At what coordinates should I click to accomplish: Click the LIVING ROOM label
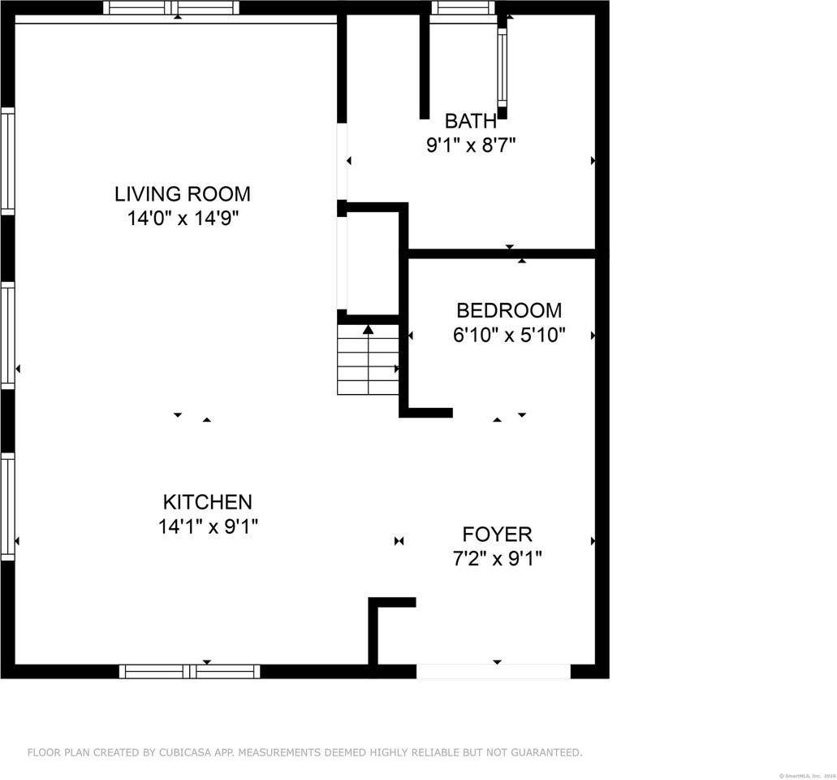182,194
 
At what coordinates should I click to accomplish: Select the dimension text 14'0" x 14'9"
182,219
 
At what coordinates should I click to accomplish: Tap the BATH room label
470,122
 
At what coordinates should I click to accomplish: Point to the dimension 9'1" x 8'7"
471,146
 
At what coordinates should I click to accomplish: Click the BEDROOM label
508,310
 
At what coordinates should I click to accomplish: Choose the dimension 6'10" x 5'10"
508,335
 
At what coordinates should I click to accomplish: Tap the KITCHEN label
208,502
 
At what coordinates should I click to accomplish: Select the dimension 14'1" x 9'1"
208,526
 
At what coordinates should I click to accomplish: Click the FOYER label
497,535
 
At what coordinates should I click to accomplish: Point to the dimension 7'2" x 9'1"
497,559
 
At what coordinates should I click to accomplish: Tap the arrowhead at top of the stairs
368,330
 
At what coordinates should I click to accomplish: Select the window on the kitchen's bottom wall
189,671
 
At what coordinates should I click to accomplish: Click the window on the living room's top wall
171,8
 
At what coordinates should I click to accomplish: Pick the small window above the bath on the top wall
463,8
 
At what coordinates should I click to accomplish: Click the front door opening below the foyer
494,671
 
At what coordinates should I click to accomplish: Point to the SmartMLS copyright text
807,775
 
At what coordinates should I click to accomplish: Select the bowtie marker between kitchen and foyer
399,541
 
